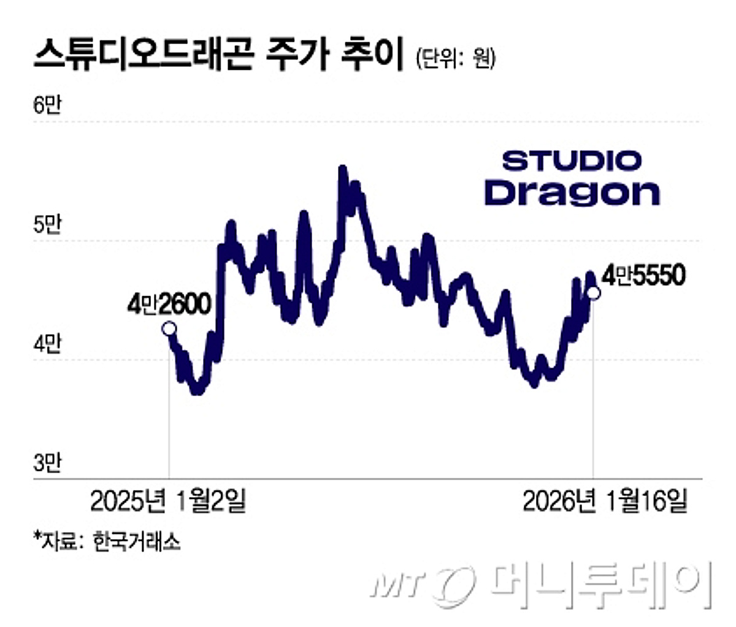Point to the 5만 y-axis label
tap(47, 226)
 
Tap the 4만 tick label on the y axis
tap(47, 345)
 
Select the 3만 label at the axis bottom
tap(47, 464)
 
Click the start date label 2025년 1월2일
tap(168, 501)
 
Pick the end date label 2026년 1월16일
tap(605, 501)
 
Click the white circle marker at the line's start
tap(169, 329)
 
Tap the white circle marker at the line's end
tap(594, 293)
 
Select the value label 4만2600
tap(169, 305)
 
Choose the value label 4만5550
tap(642, 276)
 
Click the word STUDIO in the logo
tap(571, 161)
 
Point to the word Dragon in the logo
tap(572, 192)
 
